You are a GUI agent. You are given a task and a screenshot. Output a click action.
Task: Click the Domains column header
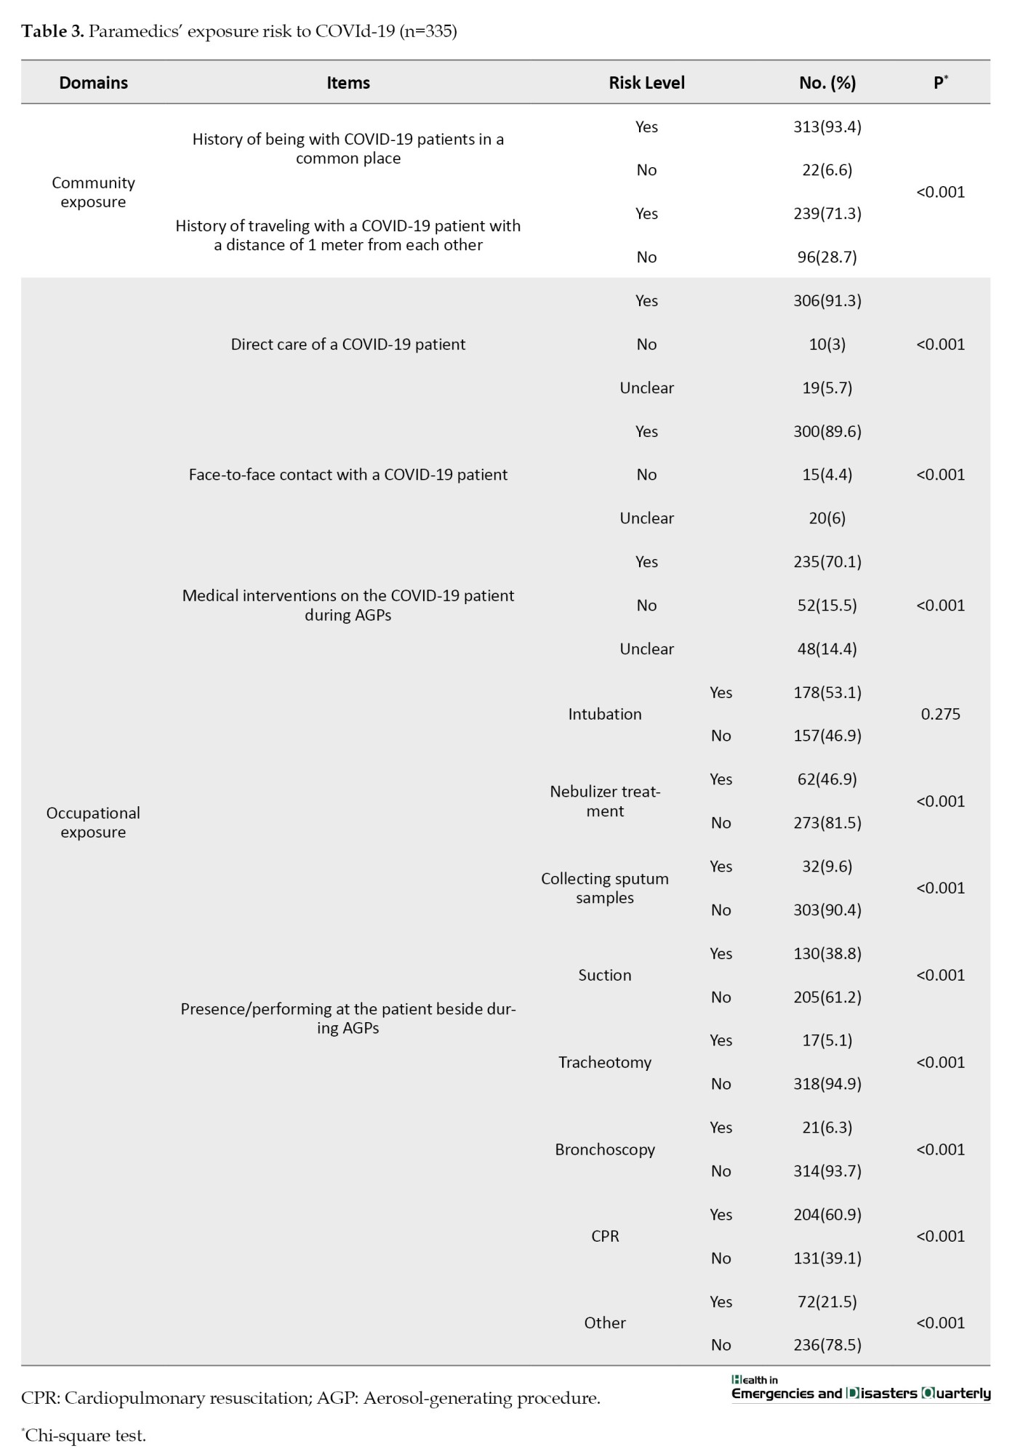[93, 83]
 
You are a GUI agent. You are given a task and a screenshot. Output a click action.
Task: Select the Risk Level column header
[646, 83]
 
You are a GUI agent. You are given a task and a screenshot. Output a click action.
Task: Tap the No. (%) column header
[827, 83]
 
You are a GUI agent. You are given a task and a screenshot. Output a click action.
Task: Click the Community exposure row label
[93, 192]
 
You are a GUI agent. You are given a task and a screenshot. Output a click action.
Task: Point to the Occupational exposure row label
[93, 822]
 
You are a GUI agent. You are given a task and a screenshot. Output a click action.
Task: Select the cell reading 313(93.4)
[827, 126]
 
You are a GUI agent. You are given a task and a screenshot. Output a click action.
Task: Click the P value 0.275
[940, 714]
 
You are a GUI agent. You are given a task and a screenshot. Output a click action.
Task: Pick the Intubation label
[604, 714]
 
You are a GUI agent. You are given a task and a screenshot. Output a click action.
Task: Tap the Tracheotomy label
[604, 1062]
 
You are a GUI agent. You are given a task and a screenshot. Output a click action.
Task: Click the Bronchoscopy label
[604, 1149]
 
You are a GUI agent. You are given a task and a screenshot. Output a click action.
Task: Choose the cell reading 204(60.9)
[827, 1215]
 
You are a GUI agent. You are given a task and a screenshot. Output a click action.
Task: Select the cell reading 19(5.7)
[827, 387]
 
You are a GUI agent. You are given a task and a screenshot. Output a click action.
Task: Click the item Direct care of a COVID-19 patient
[348, 344]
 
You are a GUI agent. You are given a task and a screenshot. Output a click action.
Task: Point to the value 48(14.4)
[827, 648]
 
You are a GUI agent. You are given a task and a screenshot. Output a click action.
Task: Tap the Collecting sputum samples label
[604, 888]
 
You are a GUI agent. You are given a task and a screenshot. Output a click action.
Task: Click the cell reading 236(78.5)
[827, 1345]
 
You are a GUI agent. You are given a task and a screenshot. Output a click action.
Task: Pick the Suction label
[604, 975]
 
